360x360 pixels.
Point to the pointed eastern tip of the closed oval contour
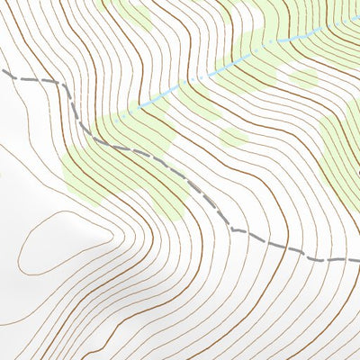[x=111, y=235]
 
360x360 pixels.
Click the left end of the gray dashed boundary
[x=2, y=71]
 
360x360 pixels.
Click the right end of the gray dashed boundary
[x=358, y=259]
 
